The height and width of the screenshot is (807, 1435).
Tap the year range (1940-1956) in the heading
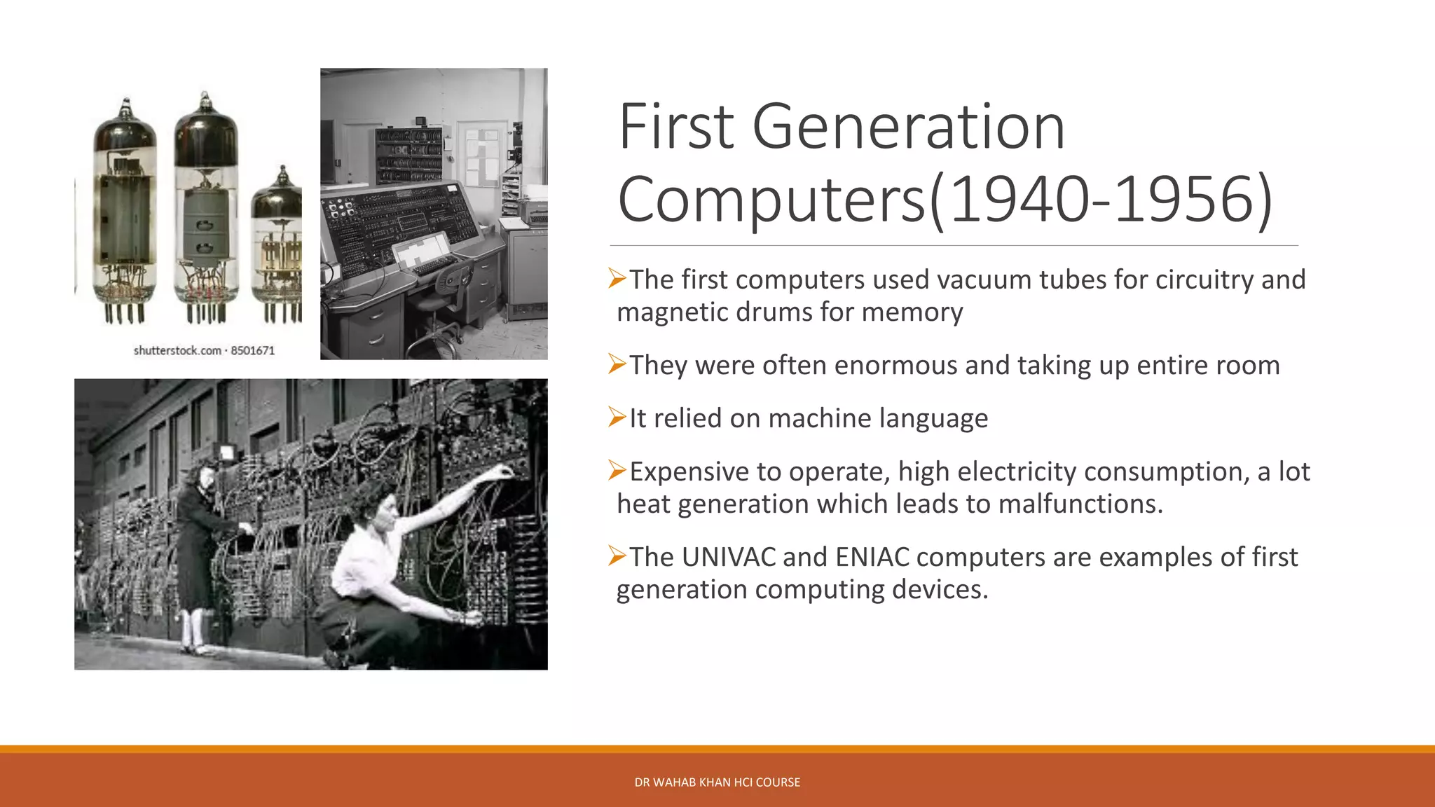coord(1100,200)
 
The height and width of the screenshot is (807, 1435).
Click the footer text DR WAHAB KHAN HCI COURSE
coord(717,782)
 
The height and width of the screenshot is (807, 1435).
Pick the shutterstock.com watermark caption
coord(204,350)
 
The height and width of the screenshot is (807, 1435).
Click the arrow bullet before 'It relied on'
coord(617,418)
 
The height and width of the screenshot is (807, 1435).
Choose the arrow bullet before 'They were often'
coord(617,364)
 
